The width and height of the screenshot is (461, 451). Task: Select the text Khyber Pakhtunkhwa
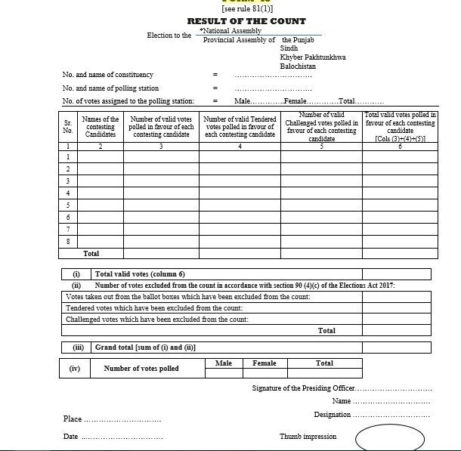point(312,57)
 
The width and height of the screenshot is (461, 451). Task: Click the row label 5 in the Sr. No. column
point(68,205)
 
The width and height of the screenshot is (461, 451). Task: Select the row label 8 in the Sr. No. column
point(68,241)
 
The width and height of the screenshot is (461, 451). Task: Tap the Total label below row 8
point(91,254)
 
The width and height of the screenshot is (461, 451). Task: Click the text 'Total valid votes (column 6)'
point(140,274)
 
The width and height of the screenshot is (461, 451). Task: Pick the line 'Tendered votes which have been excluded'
point(154,308)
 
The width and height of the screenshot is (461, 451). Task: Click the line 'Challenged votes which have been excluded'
point(157,320)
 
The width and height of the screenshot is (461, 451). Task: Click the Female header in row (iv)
point(265,363)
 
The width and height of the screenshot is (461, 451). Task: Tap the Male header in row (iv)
point(224,363)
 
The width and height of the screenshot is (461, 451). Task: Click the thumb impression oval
point(385,437)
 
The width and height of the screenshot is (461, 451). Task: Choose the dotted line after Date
point(122,437)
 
